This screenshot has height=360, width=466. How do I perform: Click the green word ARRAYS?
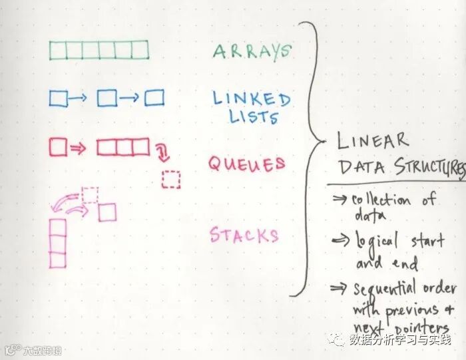pyautogui.click(x=252, y=52)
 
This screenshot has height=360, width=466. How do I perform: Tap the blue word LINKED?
pyautogui.click(x=252, y=99)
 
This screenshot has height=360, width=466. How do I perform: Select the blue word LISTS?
pyautogui.click(x=254, y=118)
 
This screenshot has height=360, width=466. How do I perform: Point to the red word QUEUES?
pyautogui.click(x=246, y=164)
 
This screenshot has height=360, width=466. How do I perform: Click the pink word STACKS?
pyautogui.click(x=244, y=235)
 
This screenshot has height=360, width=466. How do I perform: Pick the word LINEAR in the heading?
pyautogui.click(x=372, y=141)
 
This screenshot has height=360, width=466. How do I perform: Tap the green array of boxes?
pyautogui.click(x=99, y=51)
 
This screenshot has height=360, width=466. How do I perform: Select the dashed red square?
pyautogui.click(x=171, y=180)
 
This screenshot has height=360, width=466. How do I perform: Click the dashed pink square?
pyautogui.click(x=90, y=194)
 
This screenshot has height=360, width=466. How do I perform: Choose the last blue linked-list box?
pyautogui.click(x=154, y=98)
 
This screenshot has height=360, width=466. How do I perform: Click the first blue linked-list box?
pyautogui.click(x=58, y=98)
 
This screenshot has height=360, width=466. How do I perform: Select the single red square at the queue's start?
pyautogui.click(x=58, y=146)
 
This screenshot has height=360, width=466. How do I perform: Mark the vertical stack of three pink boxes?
pyautogui.click(x=58, y=244)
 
